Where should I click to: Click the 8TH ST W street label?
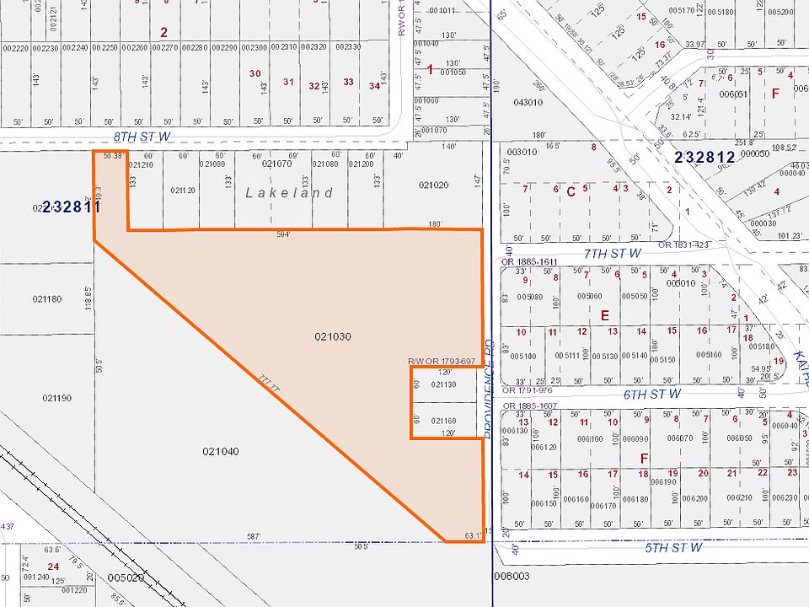pyautogui.click(x=142, y=135)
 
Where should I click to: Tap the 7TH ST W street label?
pyautogui.click(x=613, y=252)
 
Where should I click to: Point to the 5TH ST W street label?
pyautogui.click(x=673, y=547)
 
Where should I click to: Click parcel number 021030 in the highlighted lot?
pyautogui.click(x=333, y=336)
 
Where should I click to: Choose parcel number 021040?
pyautogui.click(x=221, y=451)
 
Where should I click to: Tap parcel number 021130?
pyautogui.click(x=443, y=384)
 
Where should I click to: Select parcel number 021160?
pyautogui.click(x=443, y=421)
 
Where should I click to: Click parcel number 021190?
pyautogui.click(x=57, y=397)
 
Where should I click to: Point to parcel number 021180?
pyautogui.click(x=47, y=298)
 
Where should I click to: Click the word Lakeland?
pyautogui.click(x=289, y=193)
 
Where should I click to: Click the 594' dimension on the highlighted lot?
pyautogui.click(x=282, y=234)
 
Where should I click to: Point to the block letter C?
pyautogui.click(x=571, y=191)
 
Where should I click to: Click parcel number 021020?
pyautogui.click(x=433, y=184)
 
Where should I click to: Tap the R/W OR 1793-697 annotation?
pyautogui.click(x=442, y=362)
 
